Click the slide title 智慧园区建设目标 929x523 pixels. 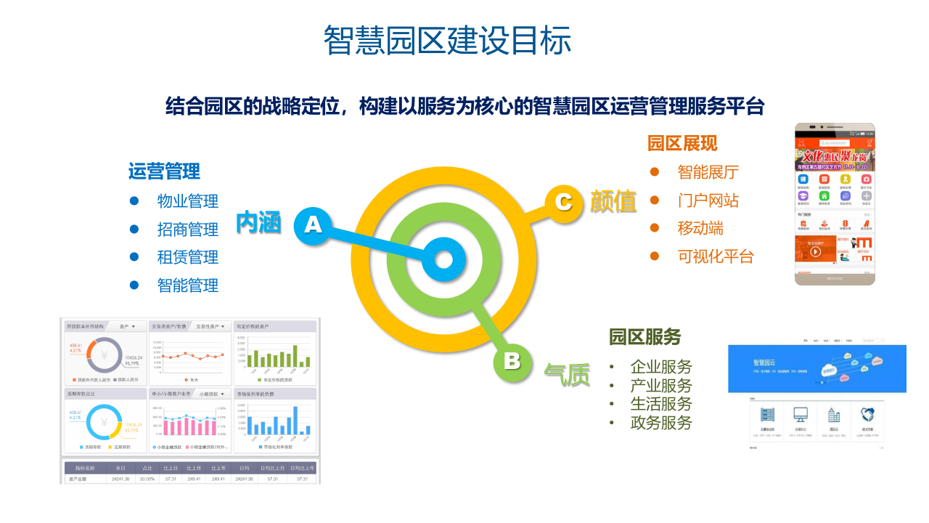[447, 40]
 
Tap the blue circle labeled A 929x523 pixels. [313, 224]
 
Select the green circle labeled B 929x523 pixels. [512, 361]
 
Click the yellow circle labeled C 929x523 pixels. [563, 201]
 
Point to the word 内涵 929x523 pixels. [258, 223]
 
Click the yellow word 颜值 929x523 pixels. [613, 201]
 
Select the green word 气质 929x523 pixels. [567, 375]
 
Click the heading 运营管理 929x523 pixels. [164, 171]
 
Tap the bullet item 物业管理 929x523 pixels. [188, 201]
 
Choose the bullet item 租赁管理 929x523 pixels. [188, 257]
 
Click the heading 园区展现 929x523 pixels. [682, 143]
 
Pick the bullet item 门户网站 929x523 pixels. [708, 200]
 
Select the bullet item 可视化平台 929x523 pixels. [716, 256]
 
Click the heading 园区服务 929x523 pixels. [644, 337]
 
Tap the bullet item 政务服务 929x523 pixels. [661, 423]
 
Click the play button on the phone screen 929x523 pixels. [816, 251]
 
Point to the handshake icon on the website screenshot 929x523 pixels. [867, 415]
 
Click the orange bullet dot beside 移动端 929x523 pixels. [655, 228]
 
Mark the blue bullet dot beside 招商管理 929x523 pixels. [134, 229]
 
